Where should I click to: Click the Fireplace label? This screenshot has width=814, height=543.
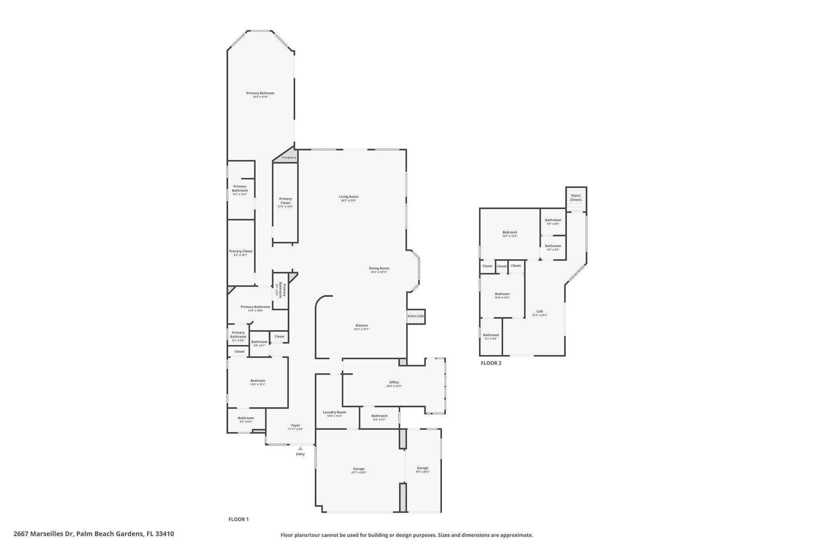289,158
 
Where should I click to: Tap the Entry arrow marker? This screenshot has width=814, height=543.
300,448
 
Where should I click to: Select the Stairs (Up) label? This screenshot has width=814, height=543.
416,316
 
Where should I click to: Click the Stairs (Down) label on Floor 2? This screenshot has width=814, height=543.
576,197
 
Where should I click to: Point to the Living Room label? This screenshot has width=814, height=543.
348,197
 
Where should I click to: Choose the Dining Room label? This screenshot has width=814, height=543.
378,268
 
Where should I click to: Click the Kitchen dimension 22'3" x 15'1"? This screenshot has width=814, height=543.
361,329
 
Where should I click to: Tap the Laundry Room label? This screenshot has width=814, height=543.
334,412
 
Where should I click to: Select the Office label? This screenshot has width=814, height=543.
394,382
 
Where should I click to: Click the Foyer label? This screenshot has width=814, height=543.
295,425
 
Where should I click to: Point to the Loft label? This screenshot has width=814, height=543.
539,311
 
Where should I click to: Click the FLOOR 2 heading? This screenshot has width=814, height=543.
491,363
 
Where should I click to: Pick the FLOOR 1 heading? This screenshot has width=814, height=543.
238,519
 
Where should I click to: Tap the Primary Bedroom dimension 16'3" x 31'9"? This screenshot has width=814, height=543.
260,97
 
